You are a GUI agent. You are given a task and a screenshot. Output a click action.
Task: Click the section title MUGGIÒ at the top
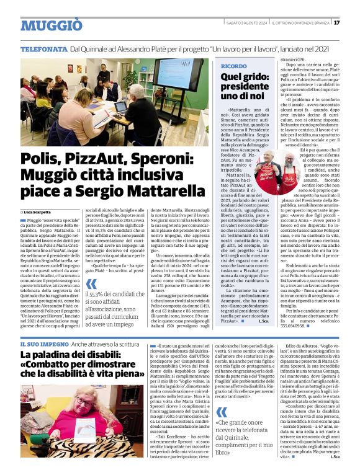[x=51, y=25]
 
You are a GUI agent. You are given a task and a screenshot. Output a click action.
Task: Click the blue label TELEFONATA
[x=43, y=48]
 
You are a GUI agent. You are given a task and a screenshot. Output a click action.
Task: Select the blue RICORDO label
[x=233, y=65]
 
